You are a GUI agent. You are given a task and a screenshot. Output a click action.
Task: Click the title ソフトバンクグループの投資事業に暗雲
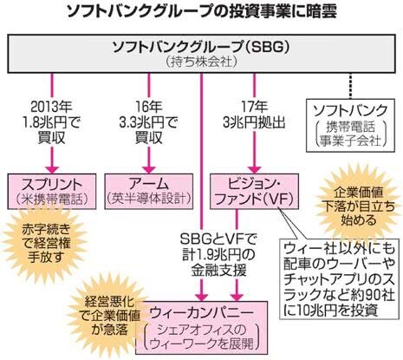coord(201,12)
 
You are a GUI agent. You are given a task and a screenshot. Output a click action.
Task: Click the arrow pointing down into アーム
coord(149,156)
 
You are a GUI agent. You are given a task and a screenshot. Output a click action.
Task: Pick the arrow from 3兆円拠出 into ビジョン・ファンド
coord(252,156)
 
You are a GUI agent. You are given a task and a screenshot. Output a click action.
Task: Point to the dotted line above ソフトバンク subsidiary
coord(348,85)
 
